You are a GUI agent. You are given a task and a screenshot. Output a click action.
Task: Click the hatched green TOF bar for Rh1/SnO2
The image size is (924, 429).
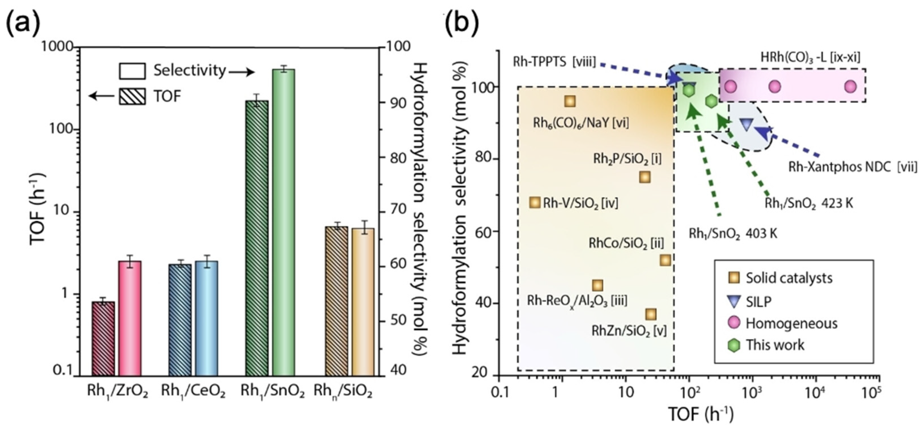[257, 237]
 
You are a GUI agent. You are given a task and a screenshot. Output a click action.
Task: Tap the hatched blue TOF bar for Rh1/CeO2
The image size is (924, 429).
[180, 319]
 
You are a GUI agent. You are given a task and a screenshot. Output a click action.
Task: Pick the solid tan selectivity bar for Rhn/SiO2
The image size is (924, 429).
[362, 301]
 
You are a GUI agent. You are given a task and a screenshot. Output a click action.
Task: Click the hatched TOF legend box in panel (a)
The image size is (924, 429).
[132, 96]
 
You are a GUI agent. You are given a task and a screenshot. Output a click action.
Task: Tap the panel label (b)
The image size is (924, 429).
[462, 22]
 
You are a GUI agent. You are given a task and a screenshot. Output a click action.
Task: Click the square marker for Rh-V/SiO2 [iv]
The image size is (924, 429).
[534, 202]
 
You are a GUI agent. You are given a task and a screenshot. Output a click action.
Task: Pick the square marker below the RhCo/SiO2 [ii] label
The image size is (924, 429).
[665, 260]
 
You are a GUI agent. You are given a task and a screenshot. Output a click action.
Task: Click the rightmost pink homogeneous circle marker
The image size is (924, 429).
[850, 86]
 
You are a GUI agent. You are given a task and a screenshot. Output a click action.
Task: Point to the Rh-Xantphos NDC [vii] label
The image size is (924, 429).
[852, 167]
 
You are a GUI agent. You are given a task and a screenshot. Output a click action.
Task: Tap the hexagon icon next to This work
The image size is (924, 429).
[734, 345]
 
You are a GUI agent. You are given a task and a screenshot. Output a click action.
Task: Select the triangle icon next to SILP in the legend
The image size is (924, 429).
[734, 301]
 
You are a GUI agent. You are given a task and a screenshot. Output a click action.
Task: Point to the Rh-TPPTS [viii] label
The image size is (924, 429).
[554, 62]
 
